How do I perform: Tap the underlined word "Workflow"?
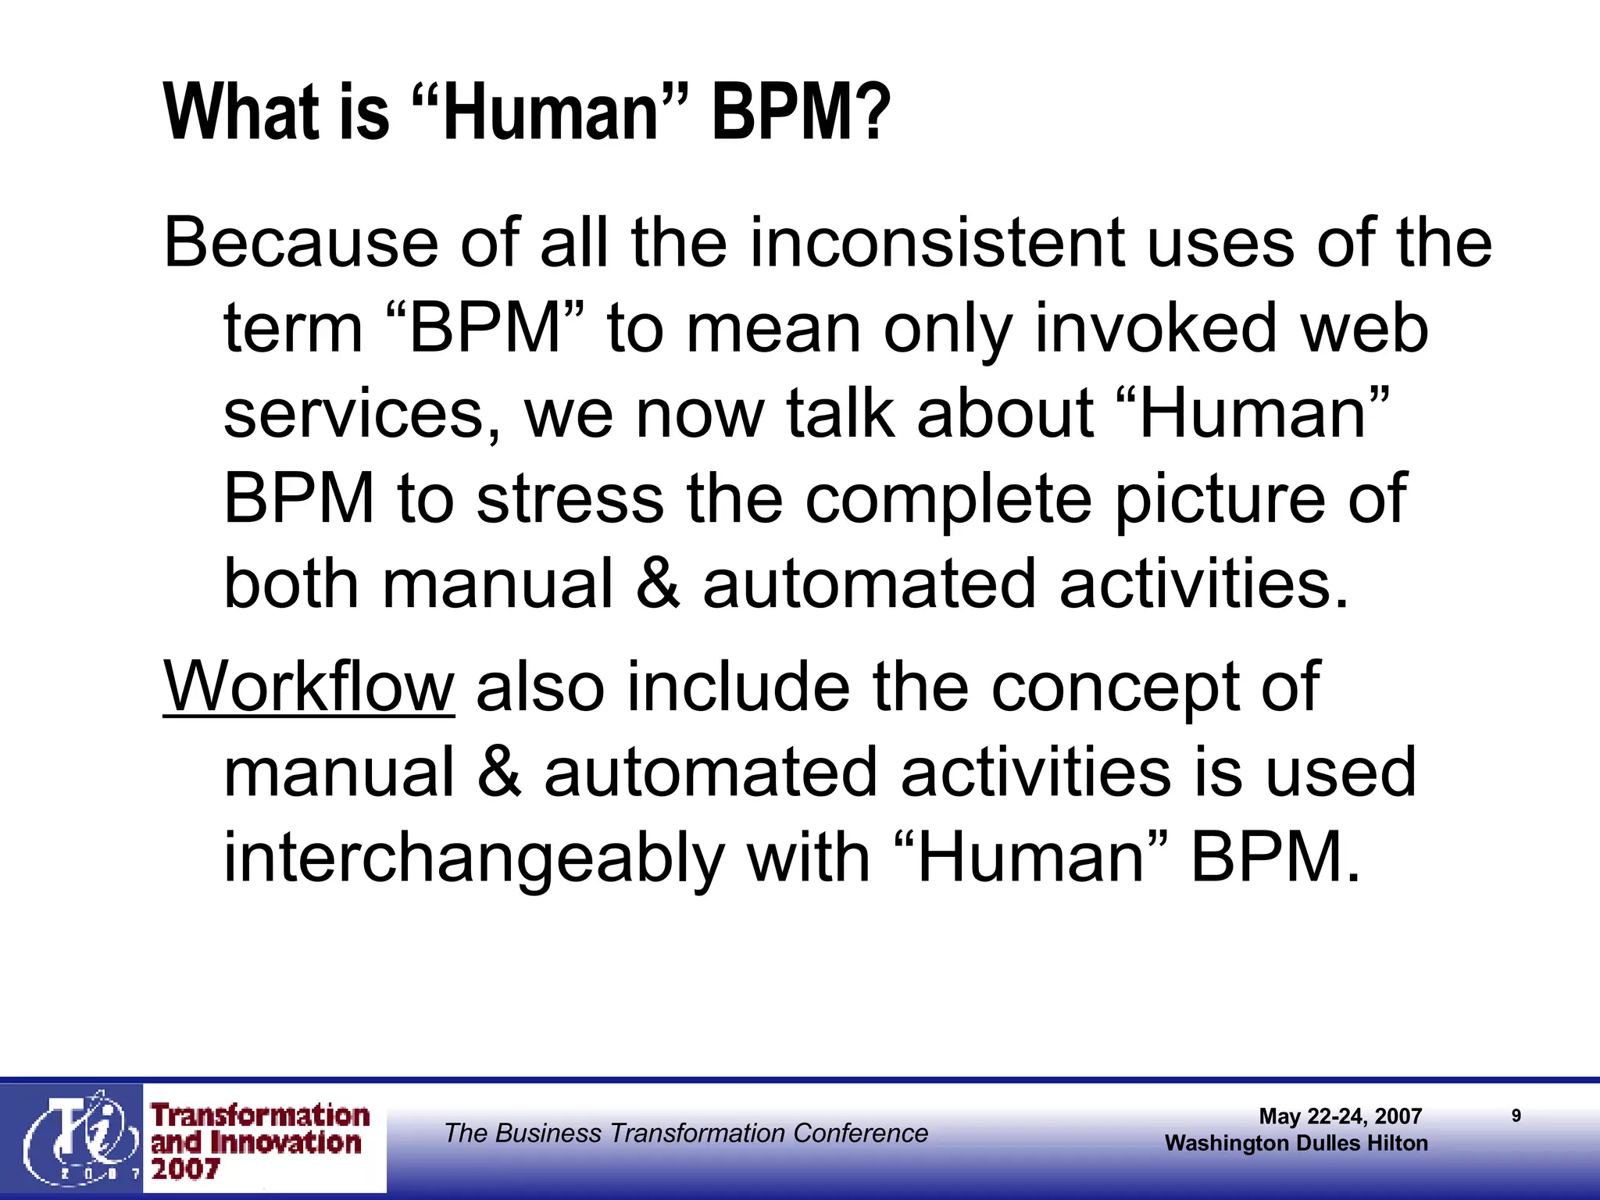click(309, 687)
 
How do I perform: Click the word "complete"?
click(948, 500)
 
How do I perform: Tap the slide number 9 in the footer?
click(1516, 1116)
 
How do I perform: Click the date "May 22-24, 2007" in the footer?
click(1340, 1116)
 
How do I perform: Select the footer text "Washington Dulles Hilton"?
click(1296, 1144)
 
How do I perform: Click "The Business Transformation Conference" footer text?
click(686, 1133)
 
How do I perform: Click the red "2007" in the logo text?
click(185, 1170)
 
